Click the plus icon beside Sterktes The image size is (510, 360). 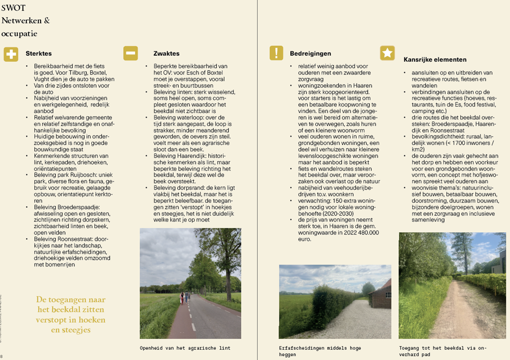point(10,54)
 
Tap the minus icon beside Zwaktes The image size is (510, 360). point(130,53)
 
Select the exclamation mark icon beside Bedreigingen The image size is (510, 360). point(276,53)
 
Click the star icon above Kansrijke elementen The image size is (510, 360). point(387,53)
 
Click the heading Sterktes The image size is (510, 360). point(39,54)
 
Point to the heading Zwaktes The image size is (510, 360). point(167,54)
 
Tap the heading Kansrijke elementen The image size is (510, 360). point(435,60)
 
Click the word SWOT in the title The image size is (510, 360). point(13,8)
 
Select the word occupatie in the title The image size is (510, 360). point(20,34)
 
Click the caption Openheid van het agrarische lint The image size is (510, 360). point(179,348)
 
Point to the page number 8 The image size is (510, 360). point(2,356)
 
